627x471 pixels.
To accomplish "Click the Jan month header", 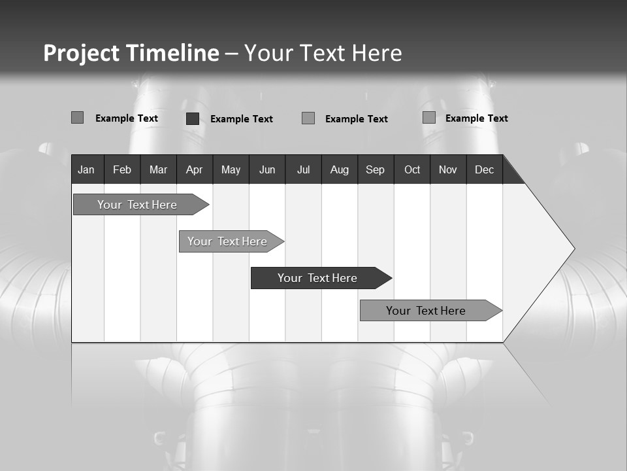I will coord(86,169).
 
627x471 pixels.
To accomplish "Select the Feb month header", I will coord(122,169).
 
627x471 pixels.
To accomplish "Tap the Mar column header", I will coord(158,169).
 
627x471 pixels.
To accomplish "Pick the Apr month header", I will coord(195,169).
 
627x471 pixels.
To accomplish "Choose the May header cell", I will coord(231,169).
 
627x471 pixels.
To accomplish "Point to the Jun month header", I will coord(267,169).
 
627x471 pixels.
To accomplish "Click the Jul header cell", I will coord(303,169).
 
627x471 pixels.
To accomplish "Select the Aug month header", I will coord(340,169).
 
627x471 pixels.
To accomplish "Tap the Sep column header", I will coord(376,169).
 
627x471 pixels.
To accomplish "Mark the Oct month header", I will coord(412,169).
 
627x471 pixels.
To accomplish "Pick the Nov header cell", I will coord(448,169).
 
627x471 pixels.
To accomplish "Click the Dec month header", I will coord(485,169).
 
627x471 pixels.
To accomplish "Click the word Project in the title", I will coord(82,53).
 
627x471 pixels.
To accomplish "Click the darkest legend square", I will coord(193,118).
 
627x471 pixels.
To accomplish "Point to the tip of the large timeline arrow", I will coord(573,249).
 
